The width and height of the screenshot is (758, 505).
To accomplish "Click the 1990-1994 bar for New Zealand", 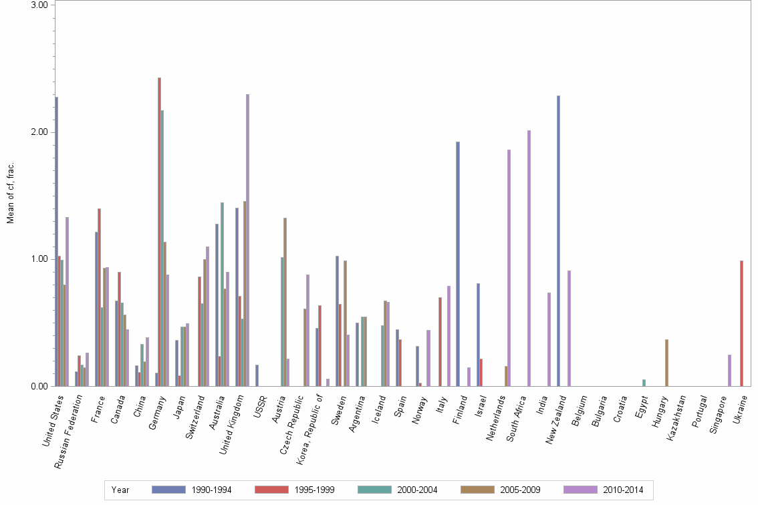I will coord(558,240).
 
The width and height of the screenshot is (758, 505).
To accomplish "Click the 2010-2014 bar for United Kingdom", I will coord(247,240).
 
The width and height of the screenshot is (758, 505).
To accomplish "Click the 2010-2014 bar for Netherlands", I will coord(509,268).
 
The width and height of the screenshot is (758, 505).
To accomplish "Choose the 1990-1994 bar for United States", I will coord(57,241).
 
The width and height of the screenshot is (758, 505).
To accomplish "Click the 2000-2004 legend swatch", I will coord(374,490).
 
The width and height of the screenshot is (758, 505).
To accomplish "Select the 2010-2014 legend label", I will coord(622,490).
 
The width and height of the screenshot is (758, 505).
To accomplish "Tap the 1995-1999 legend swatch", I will coord(272,490).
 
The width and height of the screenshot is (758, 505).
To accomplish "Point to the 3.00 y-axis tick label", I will coord(40,5).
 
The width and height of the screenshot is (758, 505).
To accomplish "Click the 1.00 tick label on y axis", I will coord(40,259).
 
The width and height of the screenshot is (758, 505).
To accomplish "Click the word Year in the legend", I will coord(120,490).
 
